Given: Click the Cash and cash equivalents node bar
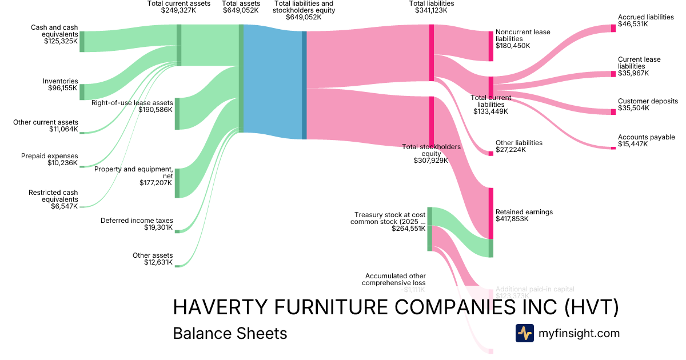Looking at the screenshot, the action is [82, 42].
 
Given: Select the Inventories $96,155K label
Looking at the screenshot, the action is [61, 85].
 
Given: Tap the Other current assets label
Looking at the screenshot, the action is [46, 126].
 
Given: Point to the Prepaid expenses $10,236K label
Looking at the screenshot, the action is [50, 159].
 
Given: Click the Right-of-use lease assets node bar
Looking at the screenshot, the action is [177, 114].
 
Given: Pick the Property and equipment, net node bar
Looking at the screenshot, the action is [177, 183].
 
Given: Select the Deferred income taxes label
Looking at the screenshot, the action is [137, 224].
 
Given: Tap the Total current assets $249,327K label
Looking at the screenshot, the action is [178, 7].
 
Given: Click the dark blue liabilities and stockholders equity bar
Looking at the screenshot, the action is [304, 85].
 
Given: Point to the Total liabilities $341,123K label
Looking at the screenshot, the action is [432, 7].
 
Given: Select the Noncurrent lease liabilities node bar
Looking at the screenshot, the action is [490, 46].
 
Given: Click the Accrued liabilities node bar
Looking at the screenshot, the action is [613, 28].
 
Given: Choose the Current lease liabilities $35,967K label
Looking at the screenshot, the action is [639, 66].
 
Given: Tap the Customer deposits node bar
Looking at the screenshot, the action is [613, 112].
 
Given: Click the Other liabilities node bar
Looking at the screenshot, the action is [490, 153].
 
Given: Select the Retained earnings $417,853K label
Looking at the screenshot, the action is [524, 215].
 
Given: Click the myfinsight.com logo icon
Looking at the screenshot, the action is [524, 333].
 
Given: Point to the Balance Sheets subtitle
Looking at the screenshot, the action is [230, 333].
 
